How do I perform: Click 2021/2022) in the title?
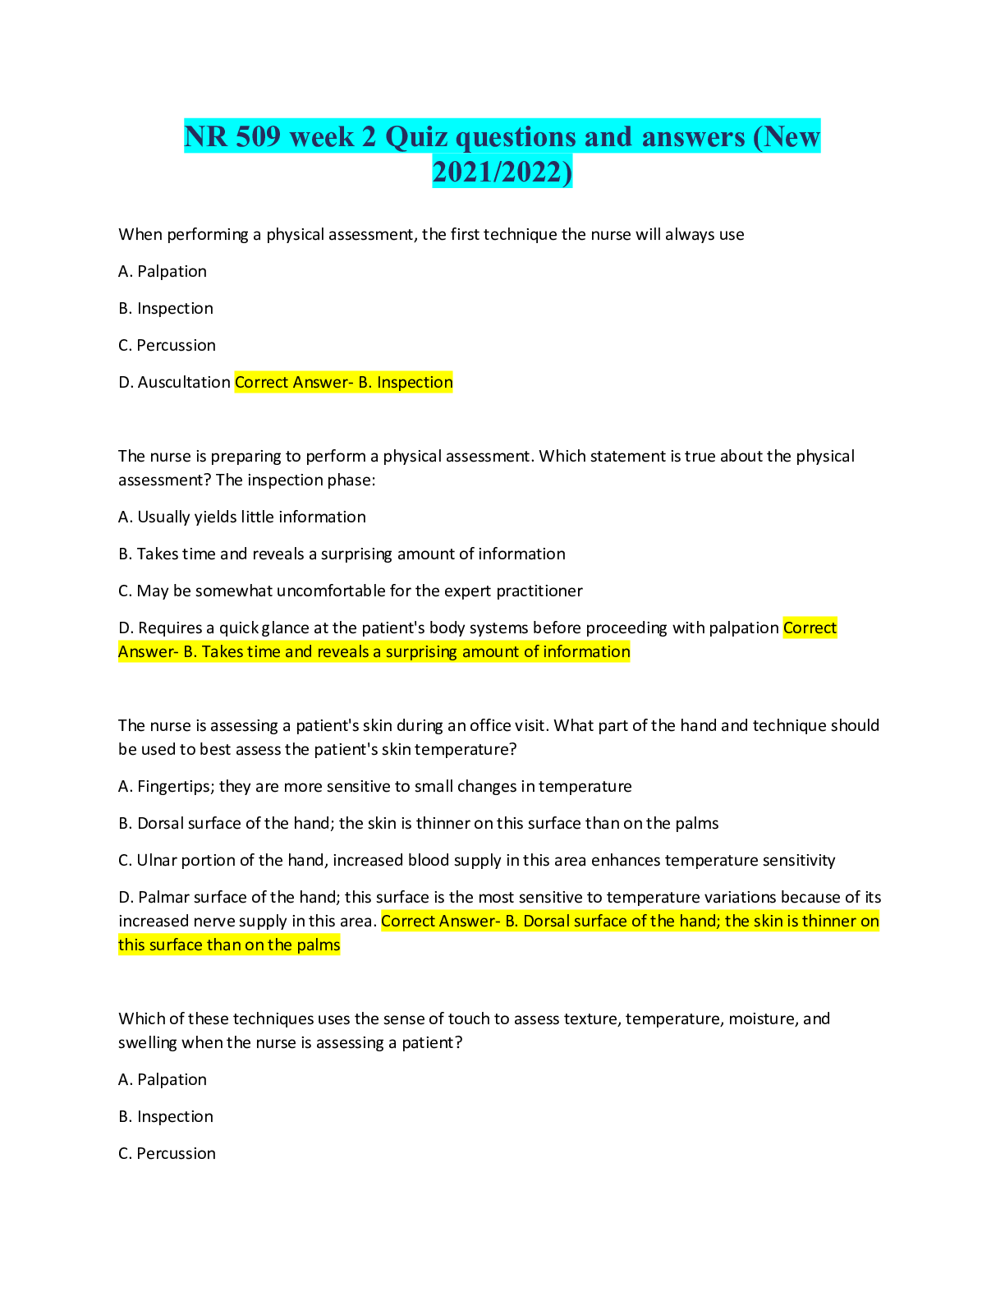(x=502, y=172)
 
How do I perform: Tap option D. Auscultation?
(x=174, y=383)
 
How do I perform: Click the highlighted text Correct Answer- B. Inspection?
(x=343, y=383)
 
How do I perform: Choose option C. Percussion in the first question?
(x=167, y=346)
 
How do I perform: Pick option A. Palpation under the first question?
(x=163, y=272)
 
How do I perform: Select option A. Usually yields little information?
(x=242, y=517)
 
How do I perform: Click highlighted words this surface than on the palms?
(x=229, y=945)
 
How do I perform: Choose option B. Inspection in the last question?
(x=166, y=1117)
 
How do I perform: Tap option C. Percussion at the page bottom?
(x=167, y=1154)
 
